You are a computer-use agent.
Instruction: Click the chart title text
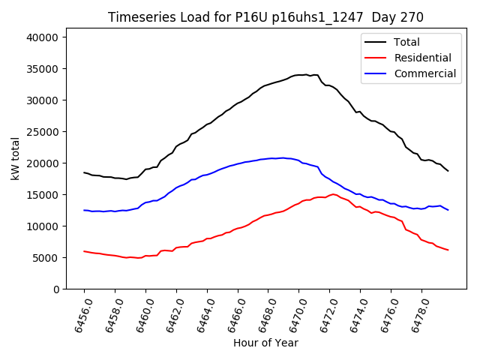265,17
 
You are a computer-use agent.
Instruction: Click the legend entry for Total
406,43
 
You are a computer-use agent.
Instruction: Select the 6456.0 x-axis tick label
77,315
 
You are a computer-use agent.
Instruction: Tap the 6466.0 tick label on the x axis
231,315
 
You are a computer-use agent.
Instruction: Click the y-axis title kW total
15,158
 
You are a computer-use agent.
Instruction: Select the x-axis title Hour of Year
265,343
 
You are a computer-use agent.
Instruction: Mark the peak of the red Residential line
333,194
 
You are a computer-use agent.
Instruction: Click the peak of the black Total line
306,75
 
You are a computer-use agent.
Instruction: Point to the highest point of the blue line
282,157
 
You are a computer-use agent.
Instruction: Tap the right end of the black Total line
448,171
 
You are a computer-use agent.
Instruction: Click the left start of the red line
84,251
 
